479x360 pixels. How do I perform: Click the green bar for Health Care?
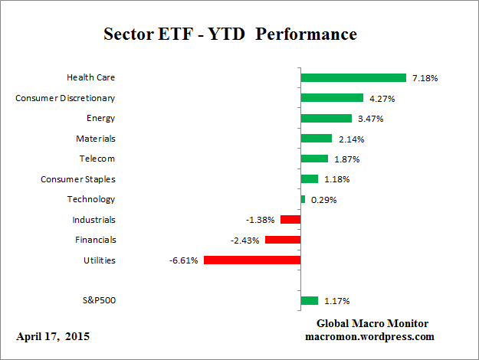(353, 77)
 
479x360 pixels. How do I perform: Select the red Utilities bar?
(251, 260)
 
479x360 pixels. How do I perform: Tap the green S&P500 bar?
(309, 300)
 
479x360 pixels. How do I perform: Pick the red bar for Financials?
(282, 240)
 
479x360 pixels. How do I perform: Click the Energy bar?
(326, 118)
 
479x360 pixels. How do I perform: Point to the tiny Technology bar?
(303, 199)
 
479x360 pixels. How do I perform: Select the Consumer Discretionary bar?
(332, 98)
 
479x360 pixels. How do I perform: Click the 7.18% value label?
(425, 78)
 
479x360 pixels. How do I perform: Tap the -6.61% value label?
(184, 260)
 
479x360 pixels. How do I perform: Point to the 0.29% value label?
(323, 200)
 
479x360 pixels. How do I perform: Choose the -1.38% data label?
(261, 220)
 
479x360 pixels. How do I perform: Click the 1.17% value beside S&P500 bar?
(336, 301)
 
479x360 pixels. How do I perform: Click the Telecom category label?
(97, 159)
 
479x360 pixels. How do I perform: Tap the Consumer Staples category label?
(77, 179)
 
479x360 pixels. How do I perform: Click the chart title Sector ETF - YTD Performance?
(230, 35)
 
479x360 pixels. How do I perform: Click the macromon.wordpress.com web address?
(370, 336)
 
